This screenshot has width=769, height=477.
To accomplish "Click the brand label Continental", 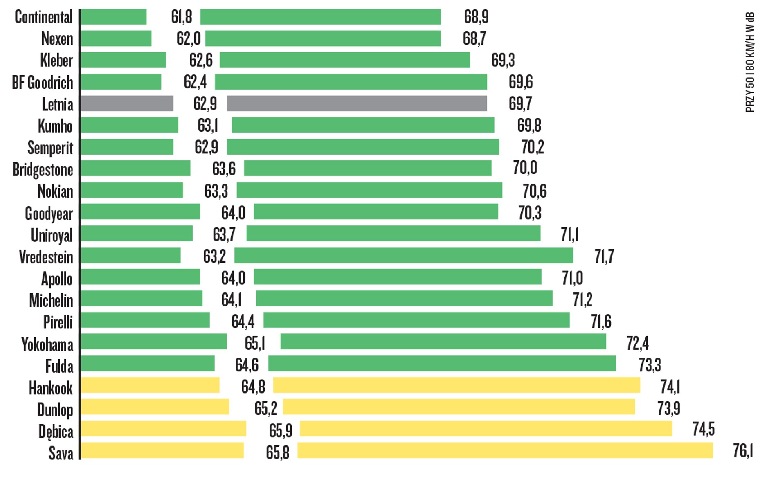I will click(x=43, y=17).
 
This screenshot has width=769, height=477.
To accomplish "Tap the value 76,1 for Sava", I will click(x=742, y=451).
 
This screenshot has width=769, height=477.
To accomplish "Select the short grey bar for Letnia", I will click(x=127, y=103).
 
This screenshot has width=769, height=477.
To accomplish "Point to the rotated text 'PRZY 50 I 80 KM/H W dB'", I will click(x=750, y=62).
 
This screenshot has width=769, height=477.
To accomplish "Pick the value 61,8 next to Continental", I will click(x=181, y=17).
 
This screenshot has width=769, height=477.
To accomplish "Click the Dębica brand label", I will click(x=56, y=432).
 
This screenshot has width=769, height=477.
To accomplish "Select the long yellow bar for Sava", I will click(x=505, y=450).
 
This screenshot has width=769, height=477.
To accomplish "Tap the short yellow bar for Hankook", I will click(x=150, y=385).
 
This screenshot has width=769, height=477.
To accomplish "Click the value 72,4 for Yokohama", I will click(x=637, y=343).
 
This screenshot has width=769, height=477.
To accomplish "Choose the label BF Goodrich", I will click(x=43, y=82).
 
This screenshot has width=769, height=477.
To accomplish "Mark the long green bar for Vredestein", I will click(x=403, y=256).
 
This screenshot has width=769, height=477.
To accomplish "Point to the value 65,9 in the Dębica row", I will click(x=280, y=430).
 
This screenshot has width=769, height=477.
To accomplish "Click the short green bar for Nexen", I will click(x=116, y=38).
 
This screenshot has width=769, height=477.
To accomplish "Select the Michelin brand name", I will click(x=51, y=301).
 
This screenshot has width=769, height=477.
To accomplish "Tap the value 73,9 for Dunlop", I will click(x=668, y=408).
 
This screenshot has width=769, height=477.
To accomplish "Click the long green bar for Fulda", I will click(x=442, y=363).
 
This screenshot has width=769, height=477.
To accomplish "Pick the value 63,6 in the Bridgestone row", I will click(x=223, y=169).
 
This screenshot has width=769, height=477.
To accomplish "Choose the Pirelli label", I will click(x=58, y=322).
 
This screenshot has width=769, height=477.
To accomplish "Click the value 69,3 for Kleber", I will click(x=503, y=60).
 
